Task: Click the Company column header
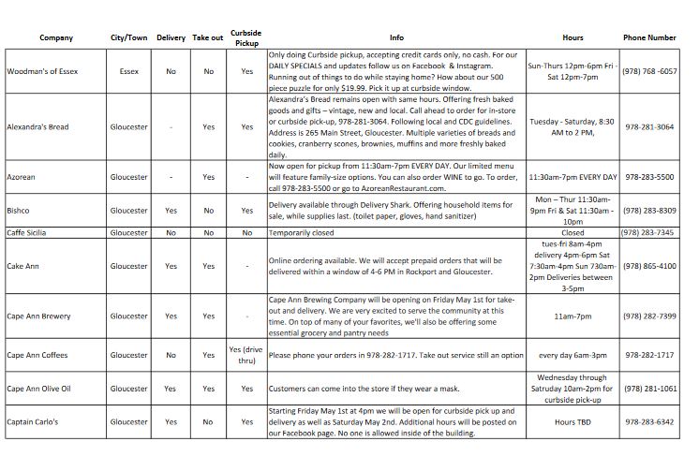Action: coord(56,37)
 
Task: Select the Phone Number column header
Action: coord(649,37)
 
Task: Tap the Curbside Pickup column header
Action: coord(245,37)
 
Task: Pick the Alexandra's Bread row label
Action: coord(38,126)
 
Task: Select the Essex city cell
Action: coord(129,71)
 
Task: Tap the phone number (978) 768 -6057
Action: coord(649,71)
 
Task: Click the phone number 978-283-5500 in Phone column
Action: coord(649,177)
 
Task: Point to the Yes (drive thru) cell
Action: coord(246,355)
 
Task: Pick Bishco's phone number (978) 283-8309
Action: coord(649,211)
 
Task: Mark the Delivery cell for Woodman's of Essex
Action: coord(171,71)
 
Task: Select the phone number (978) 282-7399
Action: coord(649,316)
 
